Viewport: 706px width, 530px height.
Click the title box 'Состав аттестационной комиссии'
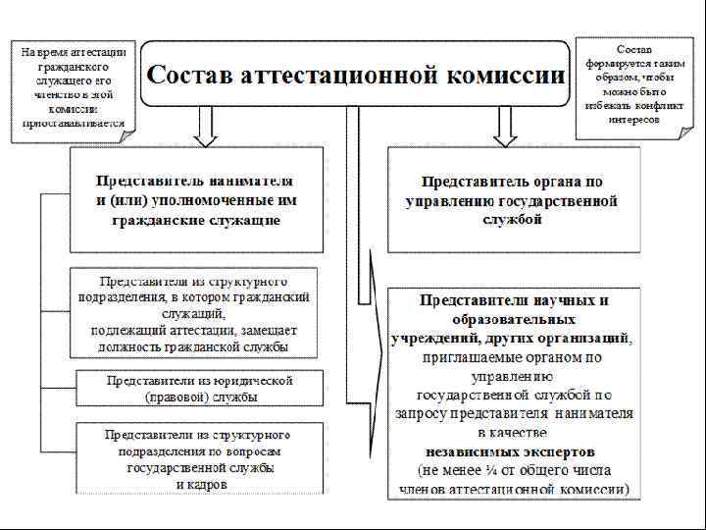pyautogui.click(x=355, y=75)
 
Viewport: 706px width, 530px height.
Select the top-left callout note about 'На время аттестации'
pyautogui.click(x=73, y=85)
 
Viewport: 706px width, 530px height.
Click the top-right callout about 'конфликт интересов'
pyautogui.click(x=631, y=83)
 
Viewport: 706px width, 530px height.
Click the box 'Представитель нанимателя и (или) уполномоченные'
pyautogui.click(x=194, y=200)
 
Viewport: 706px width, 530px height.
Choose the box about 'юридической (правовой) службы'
pyautogui.click(x=199, y=388)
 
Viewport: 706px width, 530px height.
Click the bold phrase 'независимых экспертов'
pyautogui.click(x=510, y=451)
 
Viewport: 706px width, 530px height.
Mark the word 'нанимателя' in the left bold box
pyautogui.click(x=251, y=182)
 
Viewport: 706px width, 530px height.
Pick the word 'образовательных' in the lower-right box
pyautogui.click(x=514, y=320)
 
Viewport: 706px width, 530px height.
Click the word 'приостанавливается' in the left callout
pyautogui.click(x=74, y=124)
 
